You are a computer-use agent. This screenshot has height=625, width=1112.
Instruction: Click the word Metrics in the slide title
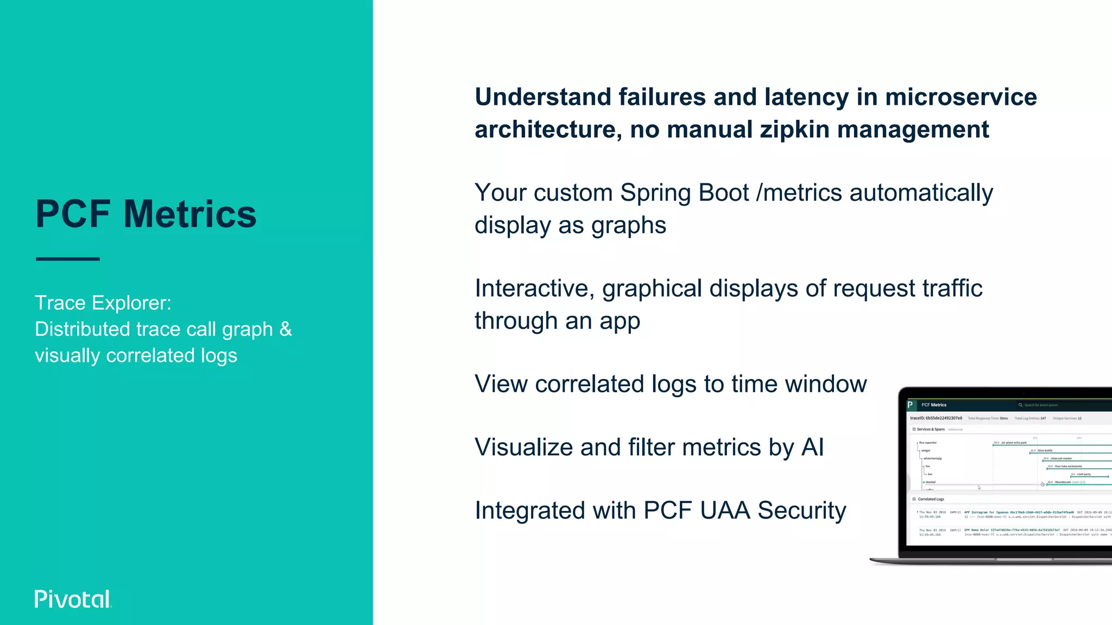[190, 214]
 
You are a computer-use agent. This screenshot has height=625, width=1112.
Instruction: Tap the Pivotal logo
[73, 599]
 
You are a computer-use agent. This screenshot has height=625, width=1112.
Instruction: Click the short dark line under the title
[68, 259]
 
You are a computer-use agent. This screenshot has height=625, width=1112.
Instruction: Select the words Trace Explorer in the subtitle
[103, 303]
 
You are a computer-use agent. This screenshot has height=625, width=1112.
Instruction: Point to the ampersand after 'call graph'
[286, 329]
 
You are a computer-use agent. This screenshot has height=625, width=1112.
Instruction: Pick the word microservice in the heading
[961, 98]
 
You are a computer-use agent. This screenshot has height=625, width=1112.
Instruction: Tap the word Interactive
[534, 289]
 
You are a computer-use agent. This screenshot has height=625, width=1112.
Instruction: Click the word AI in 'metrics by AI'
[812, 448]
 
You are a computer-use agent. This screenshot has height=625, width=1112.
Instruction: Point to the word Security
[801, 511]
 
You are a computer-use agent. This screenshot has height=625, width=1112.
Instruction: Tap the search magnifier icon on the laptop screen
[1020, 405]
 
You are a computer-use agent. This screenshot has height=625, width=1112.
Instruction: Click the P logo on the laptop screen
[911, 405]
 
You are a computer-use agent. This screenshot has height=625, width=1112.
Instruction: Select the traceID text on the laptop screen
[936, 418]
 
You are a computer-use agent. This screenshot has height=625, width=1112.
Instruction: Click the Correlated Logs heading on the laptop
[931, 499]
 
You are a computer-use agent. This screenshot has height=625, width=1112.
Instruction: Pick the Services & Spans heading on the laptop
[931, 429]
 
